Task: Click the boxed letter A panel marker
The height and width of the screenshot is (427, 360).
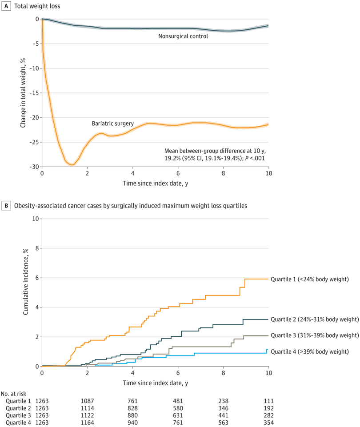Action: point(6,6)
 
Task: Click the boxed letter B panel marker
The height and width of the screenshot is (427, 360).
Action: point(6,206)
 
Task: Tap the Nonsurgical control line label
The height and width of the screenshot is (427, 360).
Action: point(183,36)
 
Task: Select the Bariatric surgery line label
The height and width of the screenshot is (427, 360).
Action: point(112,123)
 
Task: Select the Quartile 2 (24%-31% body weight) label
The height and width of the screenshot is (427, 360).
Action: point(314,319)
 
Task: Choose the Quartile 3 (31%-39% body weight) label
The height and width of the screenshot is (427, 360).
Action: point(314,335)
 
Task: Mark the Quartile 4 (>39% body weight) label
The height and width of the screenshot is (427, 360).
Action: point(309,351)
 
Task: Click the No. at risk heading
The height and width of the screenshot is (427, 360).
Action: point(16,393)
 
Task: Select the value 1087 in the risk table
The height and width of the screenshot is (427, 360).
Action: point(87,401)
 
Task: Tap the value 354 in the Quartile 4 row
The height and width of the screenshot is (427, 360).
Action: point(268,422)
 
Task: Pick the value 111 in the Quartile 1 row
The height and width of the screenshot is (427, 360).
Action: point(268,401)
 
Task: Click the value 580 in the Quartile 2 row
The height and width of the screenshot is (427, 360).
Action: point(178,408)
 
